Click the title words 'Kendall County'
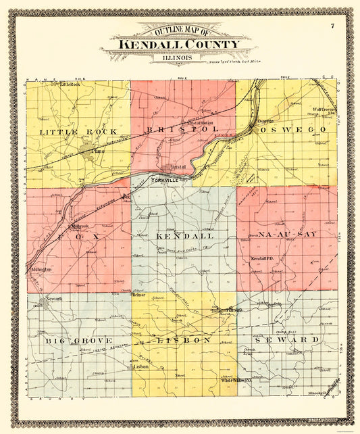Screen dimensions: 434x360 180,45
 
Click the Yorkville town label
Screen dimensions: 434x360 165,180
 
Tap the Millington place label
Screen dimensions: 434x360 41,269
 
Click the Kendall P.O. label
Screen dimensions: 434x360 263,260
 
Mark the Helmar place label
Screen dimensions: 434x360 139,295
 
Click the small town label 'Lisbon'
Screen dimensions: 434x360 140,367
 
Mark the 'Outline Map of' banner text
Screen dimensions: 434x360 178,32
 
